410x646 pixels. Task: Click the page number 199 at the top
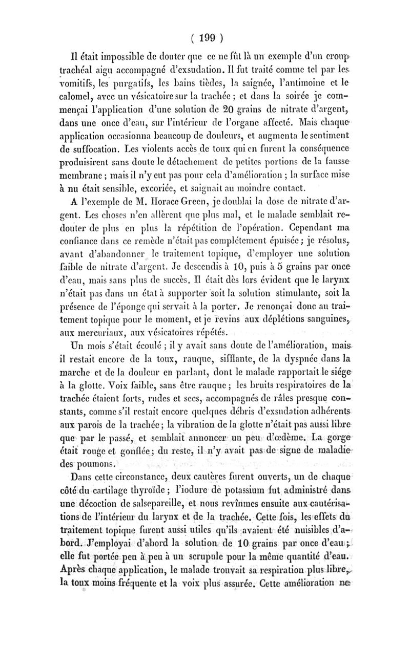click(x=205, y=37)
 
